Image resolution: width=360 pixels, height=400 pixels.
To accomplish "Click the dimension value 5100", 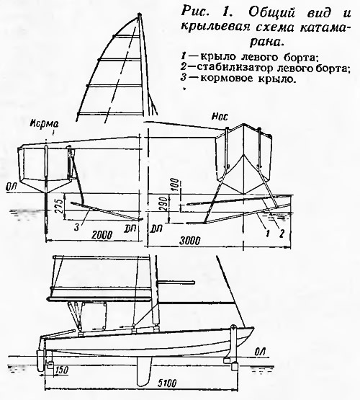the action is click(x=167, y=383).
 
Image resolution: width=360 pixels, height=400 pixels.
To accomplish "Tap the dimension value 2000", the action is click(x=102, y=235).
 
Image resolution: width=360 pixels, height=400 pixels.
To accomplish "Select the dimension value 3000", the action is click(x=190, y=241).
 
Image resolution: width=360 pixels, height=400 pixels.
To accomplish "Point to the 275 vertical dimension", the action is click(x=59, y=207).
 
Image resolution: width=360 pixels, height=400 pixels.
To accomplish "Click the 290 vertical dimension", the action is click(x=165, y=204).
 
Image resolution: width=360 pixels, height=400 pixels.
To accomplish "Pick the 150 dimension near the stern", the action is click(x=60, y=370).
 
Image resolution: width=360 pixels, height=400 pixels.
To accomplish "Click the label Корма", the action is click(x=44, y=124).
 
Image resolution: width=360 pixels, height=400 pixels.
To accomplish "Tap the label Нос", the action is click(x=220, y=117).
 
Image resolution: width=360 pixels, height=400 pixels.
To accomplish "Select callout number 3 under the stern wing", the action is click(x=76, y=227).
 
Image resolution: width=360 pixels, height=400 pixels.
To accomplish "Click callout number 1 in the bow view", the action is click(x=267, y=234).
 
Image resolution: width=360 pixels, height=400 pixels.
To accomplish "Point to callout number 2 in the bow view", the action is click(x=282, y=234).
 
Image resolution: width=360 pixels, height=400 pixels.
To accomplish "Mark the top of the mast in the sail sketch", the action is click(x=139, y=14).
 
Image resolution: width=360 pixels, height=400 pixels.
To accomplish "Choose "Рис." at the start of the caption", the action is click(x=194, y=12).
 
